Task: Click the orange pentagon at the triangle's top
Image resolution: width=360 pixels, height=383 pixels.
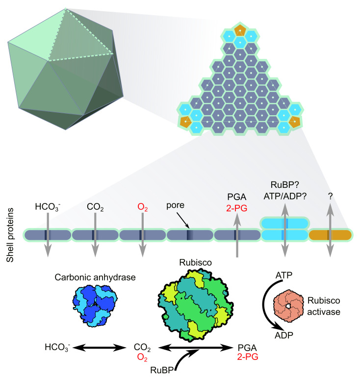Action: (240, 30)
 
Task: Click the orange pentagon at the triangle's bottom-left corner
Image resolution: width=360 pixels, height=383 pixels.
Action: (185, 121)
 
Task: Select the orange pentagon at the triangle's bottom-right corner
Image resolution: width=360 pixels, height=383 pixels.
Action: (294, 121)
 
